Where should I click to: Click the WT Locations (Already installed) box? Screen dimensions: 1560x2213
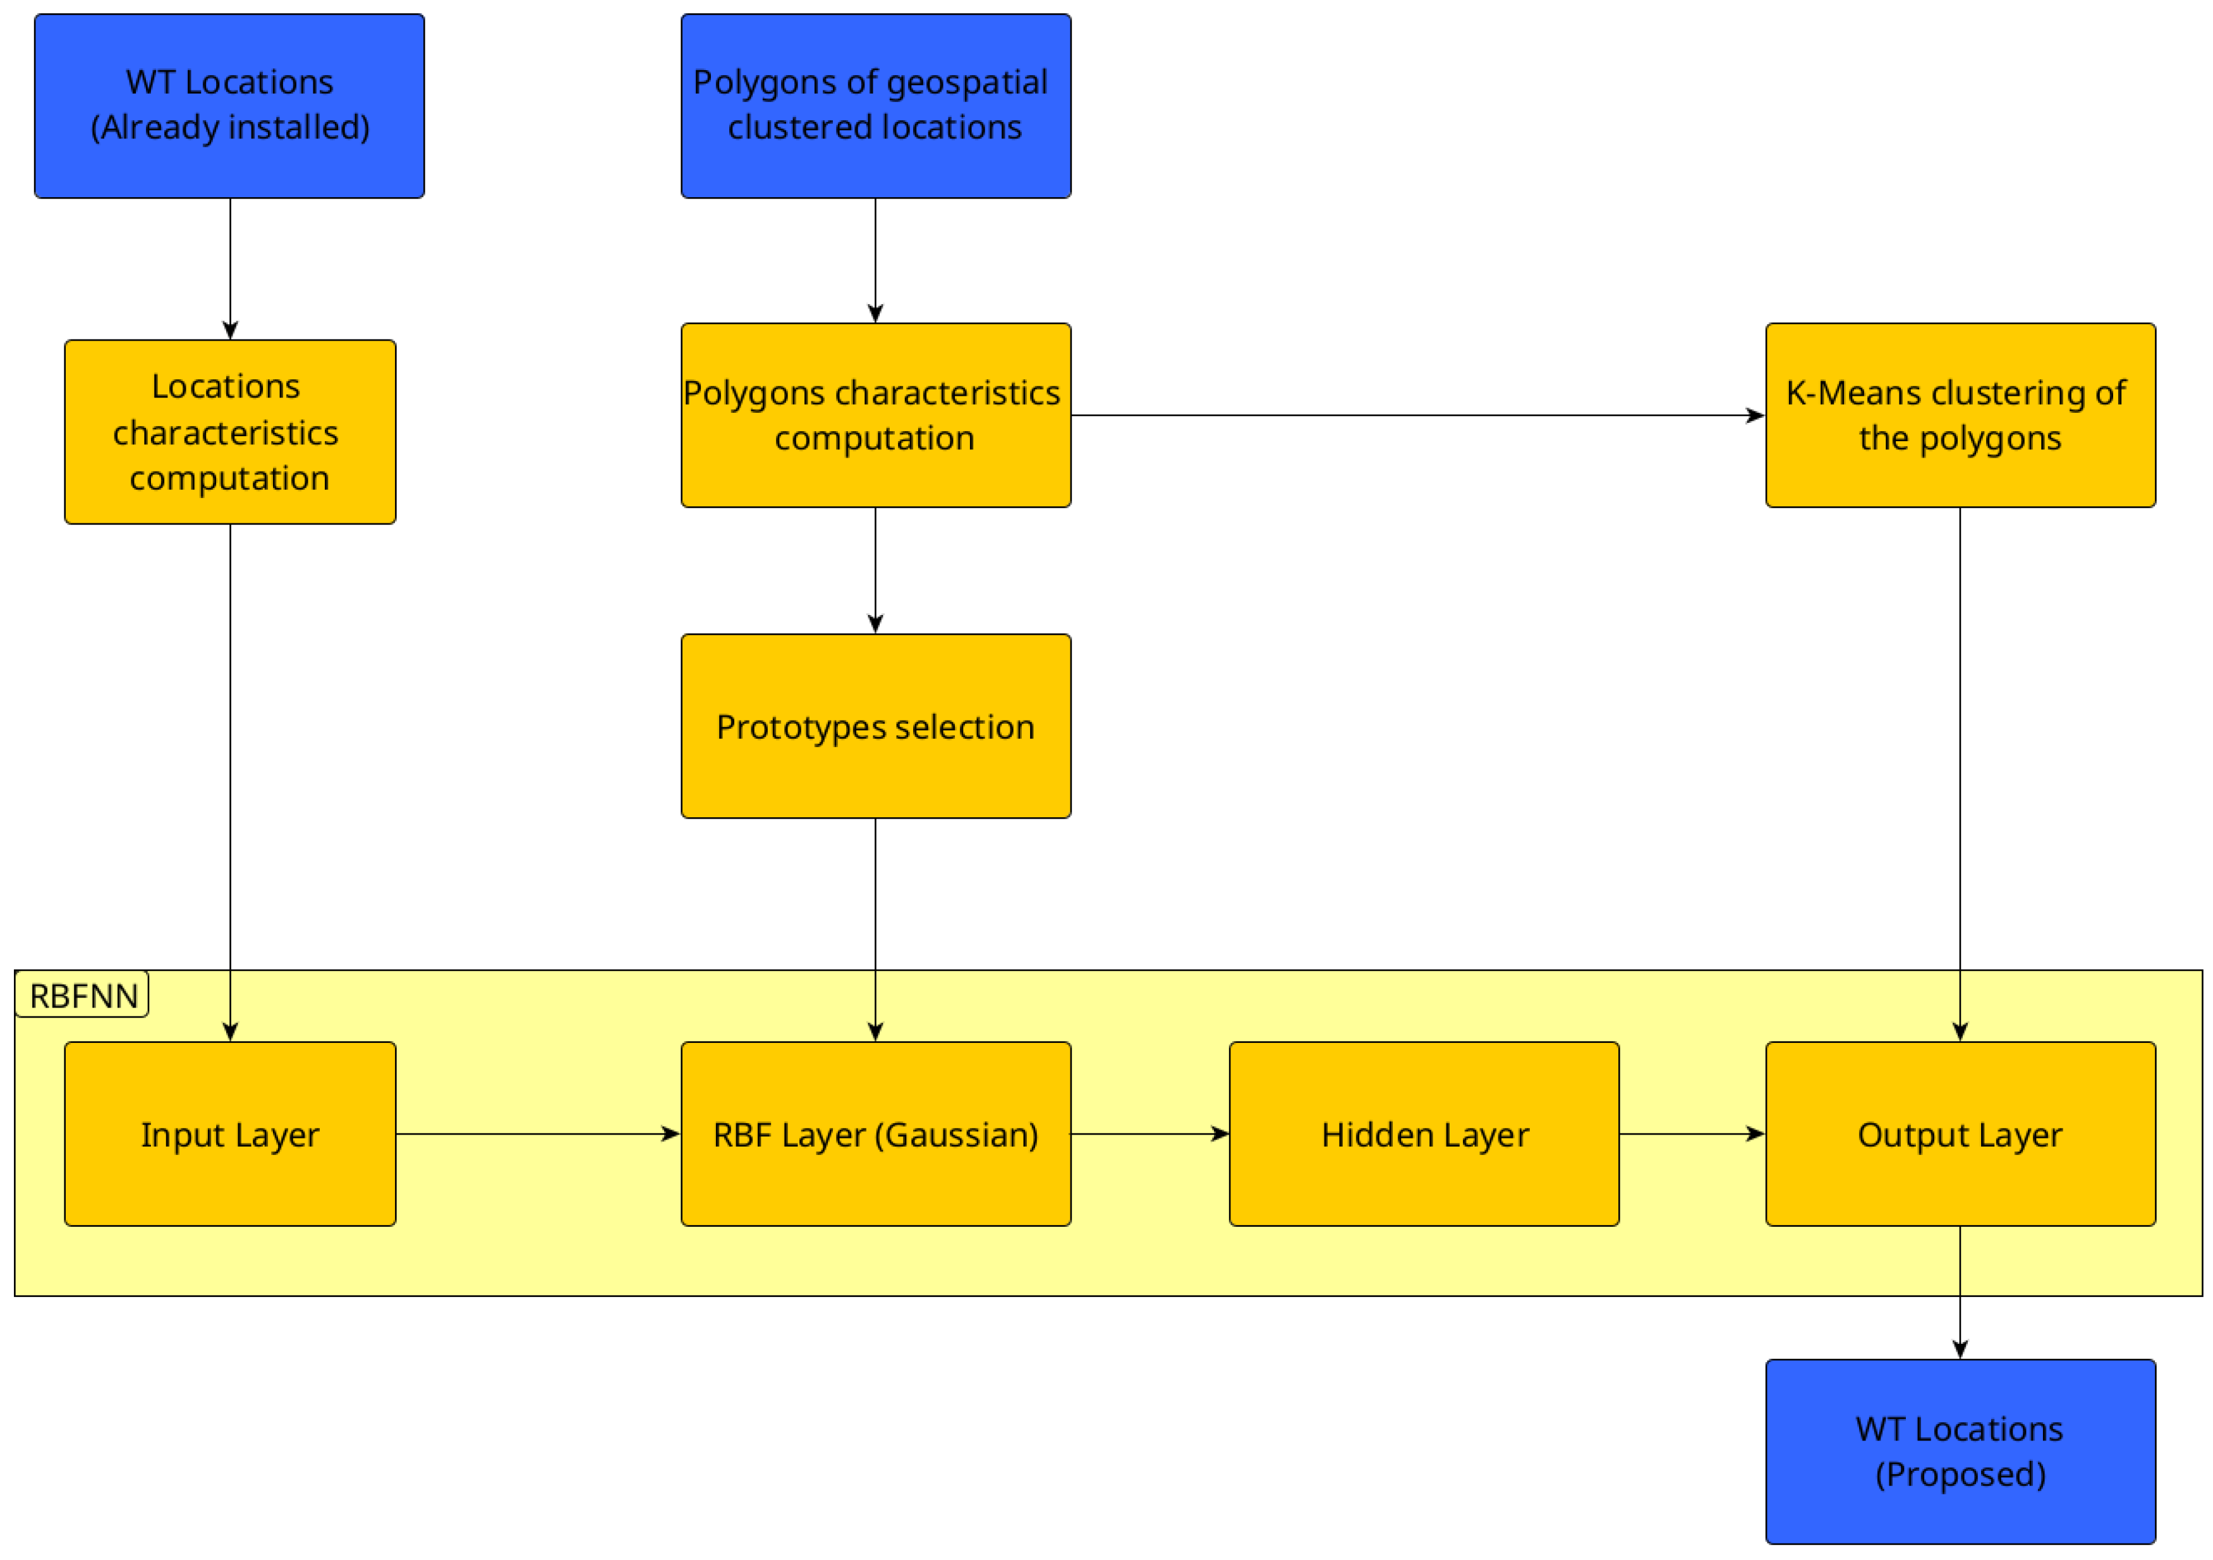(229, 106)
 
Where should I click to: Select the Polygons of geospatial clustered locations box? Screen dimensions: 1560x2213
(875, 106)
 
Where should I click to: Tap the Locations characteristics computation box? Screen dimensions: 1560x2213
(229, 432)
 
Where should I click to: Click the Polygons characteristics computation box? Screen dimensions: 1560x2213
(875, 415)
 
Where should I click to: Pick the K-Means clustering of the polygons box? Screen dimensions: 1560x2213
(1960, 415)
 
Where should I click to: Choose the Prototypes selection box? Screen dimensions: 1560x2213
(875, 726)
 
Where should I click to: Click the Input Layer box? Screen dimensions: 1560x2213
(229, 1134)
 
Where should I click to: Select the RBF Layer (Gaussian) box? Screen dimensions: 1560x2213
(875, 1134)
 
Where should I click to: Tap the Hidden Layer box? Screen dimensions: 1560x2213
(1424, 1134)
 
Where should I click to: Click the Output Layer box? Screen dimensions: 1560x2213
(1960, 1134)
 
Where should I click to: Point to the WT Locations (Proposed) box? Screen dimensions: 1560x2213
(1960, 1451)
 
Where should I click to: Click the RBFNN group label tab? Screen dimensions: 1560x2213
(83, 995)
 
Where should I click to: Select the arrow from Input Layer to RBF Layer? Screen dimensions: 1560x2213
(538, 1134)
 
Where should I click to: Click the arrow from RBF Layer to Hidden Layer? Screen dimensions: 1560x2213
(1149, 1134)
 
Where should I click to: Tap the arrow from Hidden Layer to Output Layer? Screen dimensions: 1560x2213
(1692, 1134)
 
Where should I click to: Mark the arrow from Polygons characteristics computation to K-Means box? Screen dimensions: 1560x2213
(1417, 415)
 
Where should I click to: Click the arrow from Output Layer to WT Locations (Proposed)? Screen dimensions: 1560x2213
(1960, 1292)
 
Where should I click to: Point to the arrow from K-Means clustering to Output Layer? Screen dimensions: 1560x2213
(1960, 771)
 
